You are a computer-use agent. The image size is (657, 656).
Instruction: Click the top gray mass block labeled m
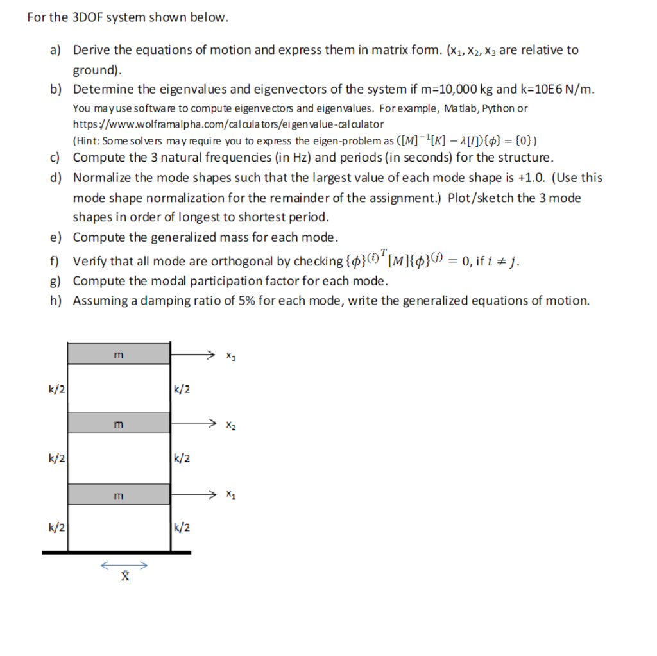click(x=119, y=353)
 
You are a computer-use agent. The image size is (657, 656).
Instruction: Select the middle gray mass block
click(x=119, y=424)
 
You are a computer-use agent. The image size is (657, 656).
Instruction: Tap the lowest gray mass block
click(x=119, y=494)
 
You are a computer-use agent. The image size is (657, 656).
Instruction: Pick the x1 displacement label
click(x=231, y=495)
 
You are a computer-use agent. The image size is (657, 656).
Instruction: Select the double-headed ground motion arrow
click(x=124, y=566)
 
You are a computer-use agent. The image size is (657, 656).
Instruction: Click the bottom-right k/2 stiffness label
click(x=182, y=528)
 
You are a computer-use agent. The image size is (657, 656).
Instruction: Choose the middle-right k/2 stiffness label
click(x=182, y=458)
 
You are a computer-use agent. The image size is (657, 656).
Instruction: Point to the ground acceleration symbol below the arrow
click(x=125, y=577)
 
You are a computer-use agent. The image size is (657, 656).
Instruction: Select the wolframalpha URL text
click(x=228, y=123)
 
